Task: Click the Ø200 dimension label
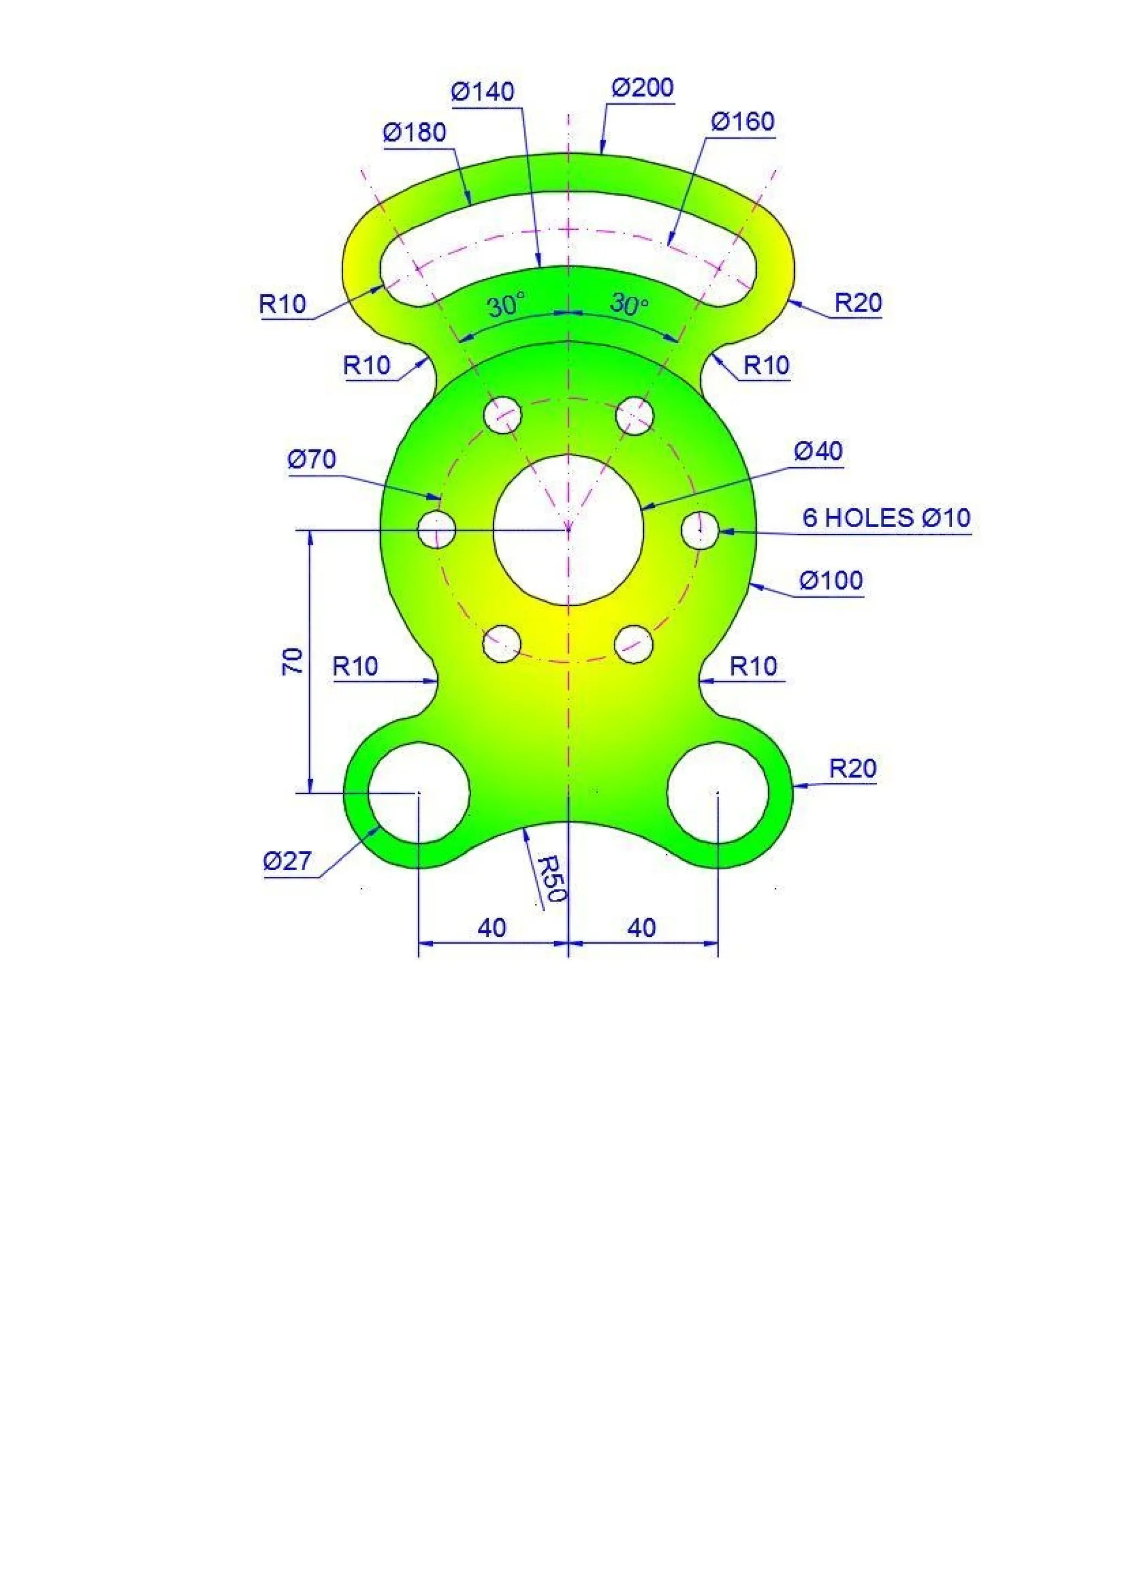642,88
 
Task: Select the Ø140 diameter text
483,91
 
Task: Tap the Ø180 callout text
414,132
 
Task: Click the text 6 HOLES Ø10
886,518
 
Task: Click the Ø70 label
311,459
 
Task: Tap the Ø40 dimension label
818,451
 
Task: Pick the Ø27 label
287,861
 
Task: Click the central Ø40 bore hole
568,530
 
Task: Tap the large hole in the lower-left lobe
419,793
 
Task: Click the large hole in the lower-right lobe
717,793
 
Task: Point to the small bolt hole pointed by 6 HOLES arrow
700,530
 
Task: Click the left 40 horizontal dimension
492,928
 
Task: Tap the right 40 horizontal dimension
642,928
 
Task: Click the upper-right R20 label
858,303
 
